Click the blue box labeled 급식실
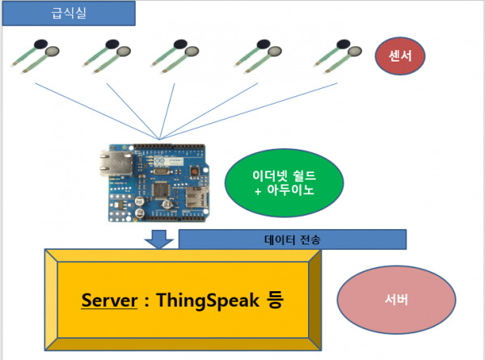tap(67, 14)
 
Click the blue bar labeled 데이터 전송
tap(290, 239)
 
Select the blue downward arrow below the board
tap(160, 239)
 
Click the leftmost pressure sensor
tap(36, 55)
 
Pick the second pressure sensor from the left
tap(108, 55)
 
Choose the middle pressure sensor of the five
tap(175, 55)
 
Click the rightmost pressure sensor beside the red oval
tap(337, 55)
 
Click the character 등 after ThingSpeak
tap(273, 301)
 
